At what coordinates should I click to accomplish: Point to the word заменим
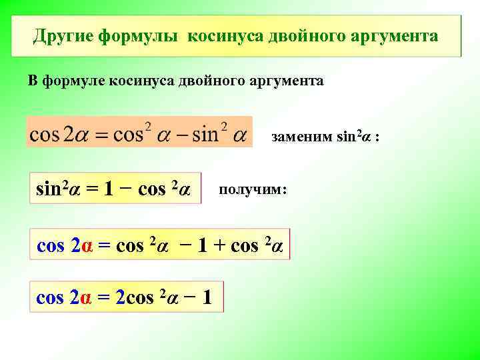click(301, 138)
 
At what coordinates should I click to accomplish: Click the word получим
click(252, 190)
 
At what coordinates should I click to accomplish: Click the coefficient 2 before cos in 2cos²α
click(121, 298)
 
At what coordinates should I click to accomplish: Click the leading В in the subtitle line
click(33, 81)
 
